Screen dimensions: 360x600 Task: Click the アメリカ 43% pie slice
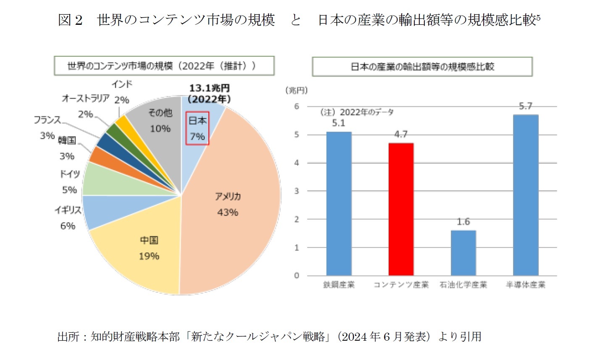coord(235,197)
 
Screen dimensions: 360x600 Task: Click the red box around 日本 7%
coord(197,128)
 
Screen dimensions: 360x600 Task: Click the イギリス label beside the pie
coord(67,210)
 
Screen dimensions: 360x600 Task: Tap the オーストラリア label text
coord(85,98)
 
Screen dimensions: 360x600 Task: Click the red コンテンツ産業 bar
coord(401,210)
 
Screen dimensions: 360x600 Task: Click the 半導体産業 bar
coord(525,195)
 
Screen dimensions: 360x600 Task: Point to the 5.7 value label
coord(525,106)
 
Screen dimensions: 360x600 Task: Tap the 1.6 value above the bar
coord(463,222)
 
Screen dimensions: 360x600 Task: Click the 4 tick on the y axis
coord(297,163)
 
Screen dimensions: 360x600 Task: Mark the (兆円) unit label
coord(296,90)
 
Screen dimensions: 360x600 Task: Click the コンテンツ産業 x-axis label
coord(401,285)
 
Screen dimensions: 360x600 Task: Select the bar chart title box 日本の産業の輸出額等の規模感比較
coord(422,67)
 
